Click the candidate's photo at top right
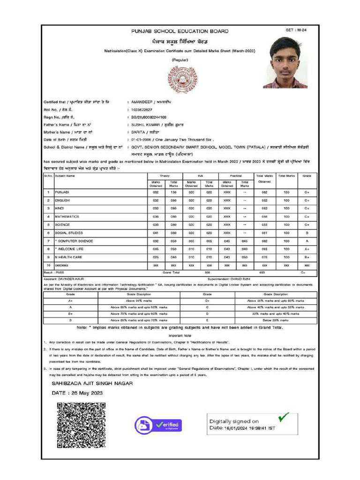(285, 63)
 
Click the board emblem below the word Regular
(180, 79)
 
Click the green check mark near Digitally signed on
(283, 416)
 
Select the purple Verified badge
(158, 425)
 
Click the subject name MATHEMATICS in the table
(67, 217)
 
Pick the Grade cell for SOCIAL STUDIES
(307, 232)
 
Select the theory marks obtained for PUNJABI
(156, 192)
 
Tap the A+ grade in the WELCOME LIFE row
(307, 249)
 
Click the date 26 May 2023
(77, 393)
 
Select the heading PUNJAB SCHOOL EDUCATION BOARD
(180, 31)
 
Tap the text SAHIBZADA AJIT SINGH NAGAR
(92, 383)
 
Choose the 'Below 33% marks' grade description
(275, 320)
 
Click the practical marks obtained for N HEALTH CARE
(226, 257)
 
